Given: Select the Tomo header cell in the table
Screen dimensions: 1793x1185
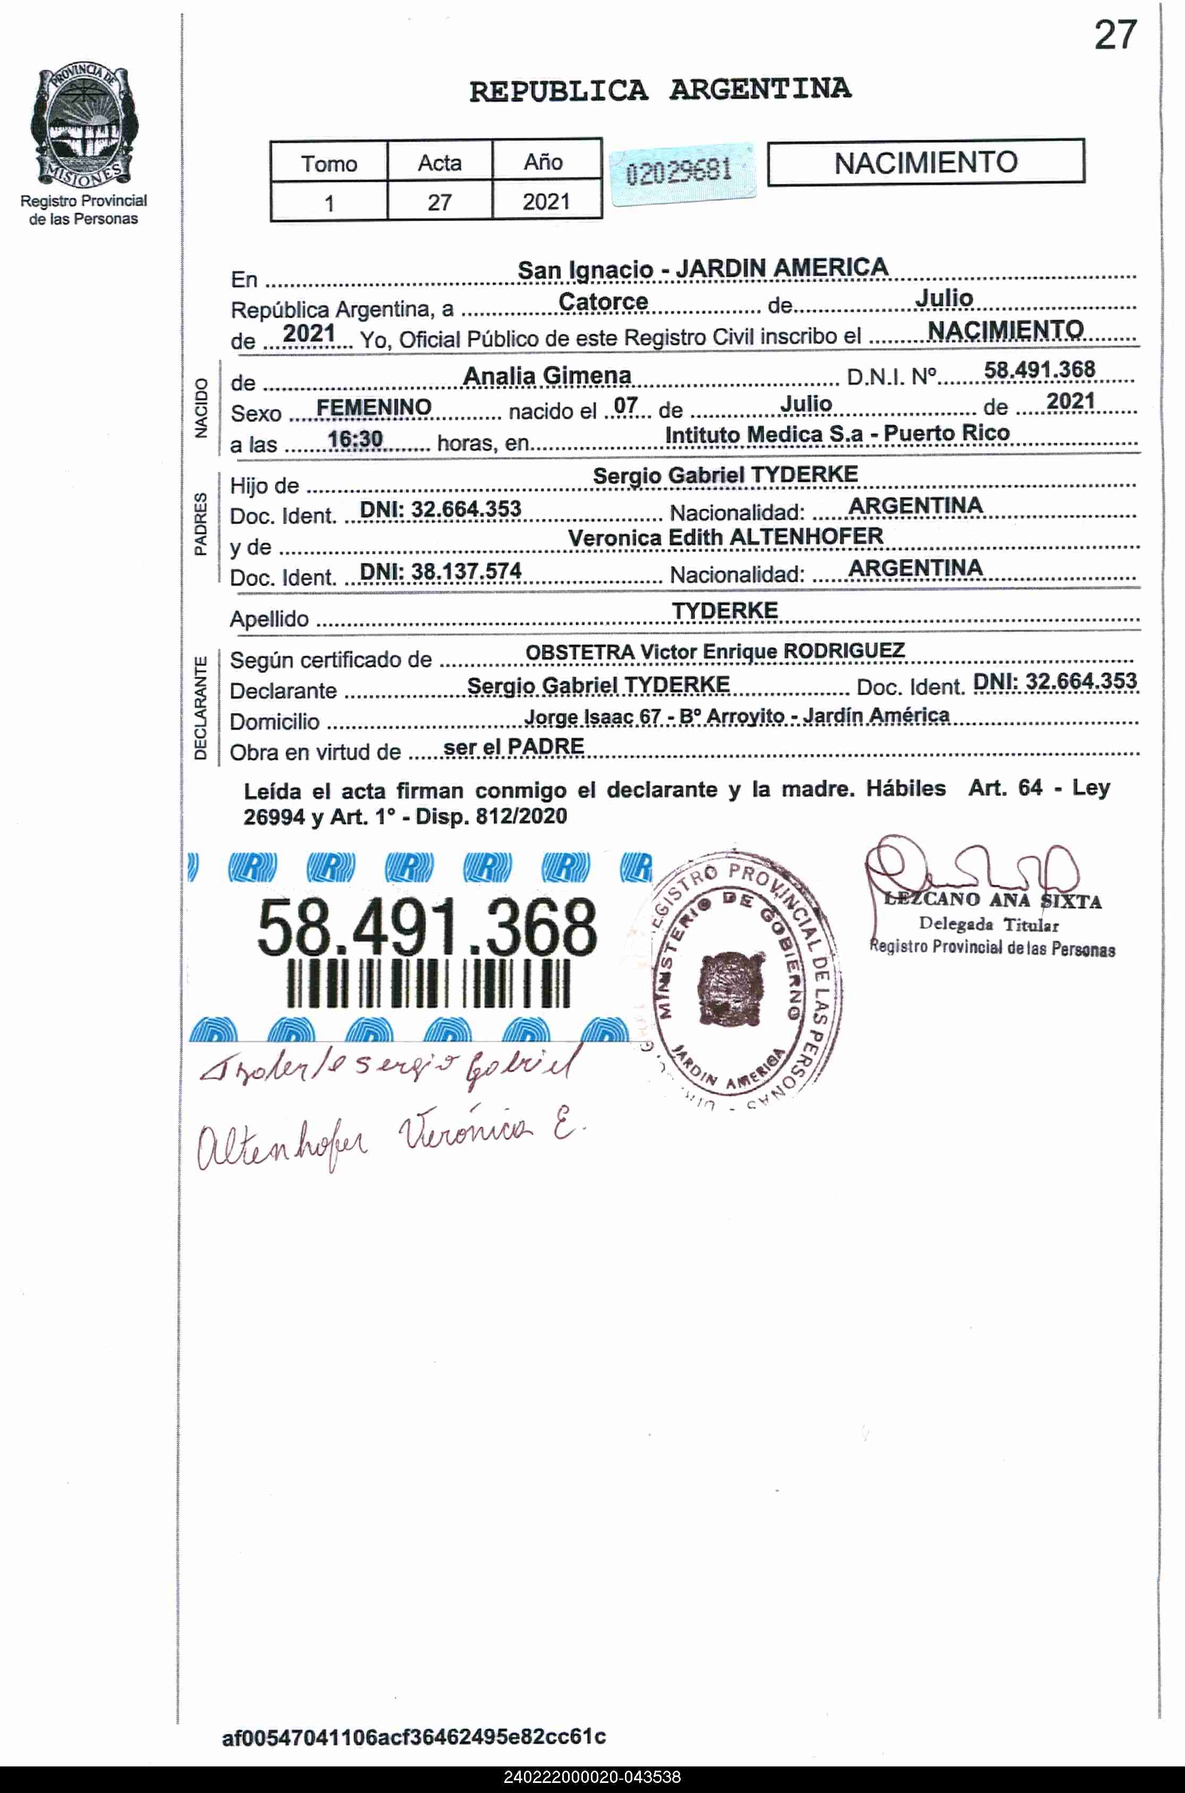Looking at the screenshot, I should pyautogui.click(x=329, y=163).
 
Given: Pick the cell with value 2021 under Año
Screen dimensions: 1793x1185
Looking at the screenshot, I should pyautogui.click(x=546, y=202).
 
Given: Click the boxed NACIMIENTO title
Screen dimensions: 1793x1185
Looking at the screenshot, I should pyautogui.click(x=925, y=162).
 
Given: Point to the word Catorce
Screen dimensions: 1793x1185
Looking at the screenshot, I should pyautogui.click(x=603, y=301).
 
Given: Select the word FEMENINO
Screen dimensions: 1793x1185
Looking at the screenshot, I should pyautogui.click(x=374, y=407).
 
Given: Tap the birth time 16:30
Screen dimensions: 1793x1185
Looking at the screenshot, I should pyautogui.click(x=354, y=438).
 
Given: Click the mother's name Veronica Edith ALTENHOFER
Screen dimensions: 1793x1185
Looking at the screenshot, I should pyautogui.click(x=725, y=536).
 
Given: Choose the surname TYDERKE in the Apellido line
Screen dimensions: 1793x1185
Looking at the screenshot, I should pyautogui.click(x=724, y=611).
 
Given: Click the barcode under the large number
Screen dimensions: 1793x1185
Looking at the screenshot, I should pyautogui.click(x=428, y=983).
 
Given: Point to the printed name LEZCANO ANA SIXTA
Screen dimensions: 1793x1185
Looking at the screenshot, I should pyautogui.click(x=992, y=900).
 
